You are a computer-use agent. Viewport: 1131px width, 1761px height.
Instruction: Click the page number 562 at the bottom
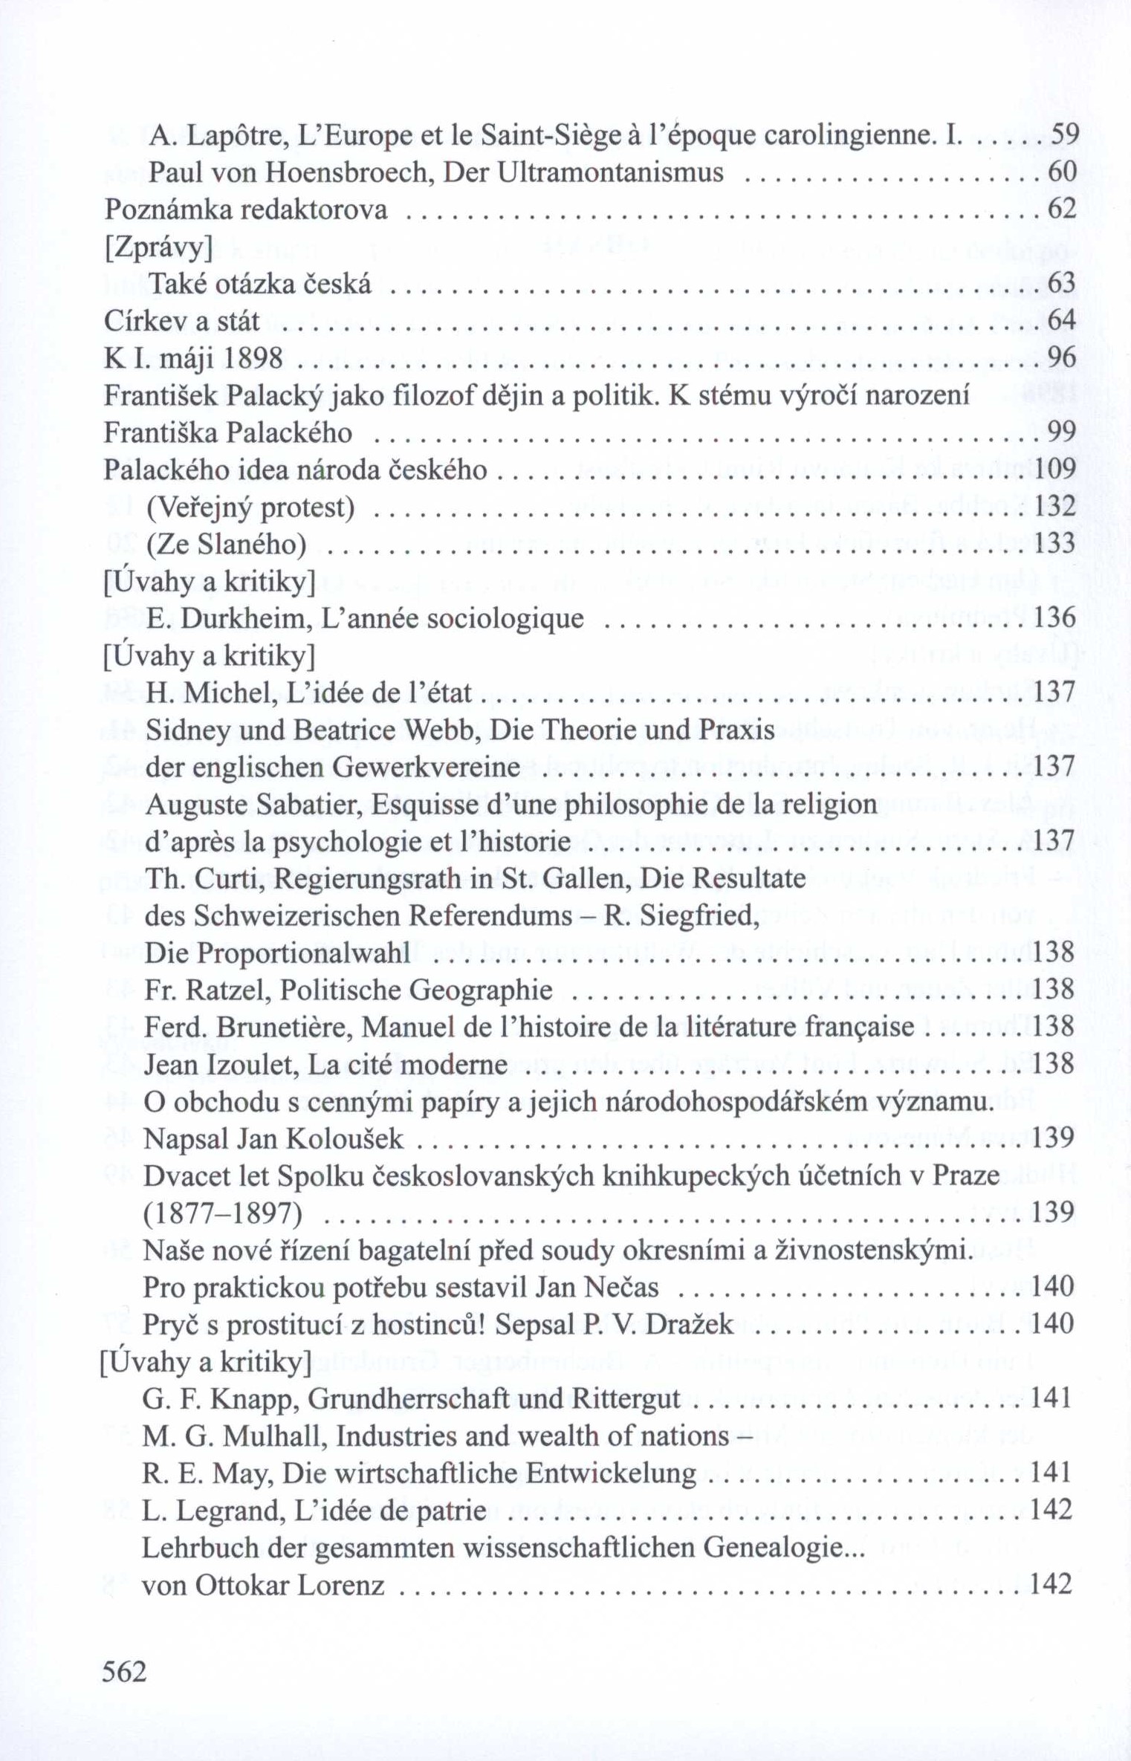click(124, 1671)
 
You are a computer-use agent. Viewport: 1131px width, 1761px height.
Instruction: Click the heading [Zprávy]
click(159, 247)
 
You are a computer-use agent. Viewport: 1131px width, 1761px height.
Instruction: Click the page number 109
click(1053, 470)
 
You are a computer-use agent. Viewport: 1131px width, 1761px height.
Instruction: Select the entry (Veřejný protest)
click(251, 507)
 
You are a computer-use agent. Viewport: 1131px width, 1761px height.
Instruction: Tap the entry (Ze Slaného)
click(227, 545)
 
